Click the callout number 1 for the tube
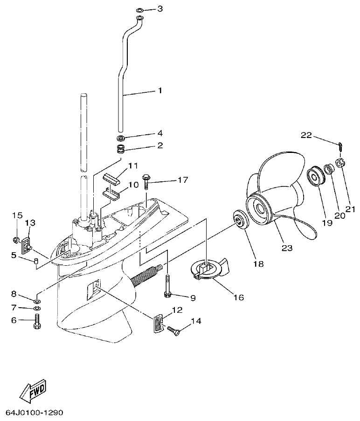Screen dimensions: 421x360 (x=159, y=90)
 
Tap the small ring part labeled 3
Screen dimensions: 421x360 (x=140, y=9)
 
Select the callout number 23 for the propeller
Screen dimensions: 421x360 (x=287, y=248)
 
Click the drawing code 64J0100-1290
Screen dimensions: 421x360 (x=35, y=413)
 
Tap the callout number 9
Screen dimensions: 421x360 (x=193, y=297)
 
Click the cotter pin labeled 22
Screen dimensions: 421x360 (x=341, y=146)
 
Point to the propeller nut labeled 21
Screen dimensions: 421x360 (x=340, y=163)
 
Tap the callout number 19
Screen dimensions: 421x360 (x=326, y=222)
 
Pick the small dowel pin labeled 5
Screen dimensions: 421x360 (x=35, y=260)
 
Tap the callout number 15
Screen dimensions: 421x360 (x=17, y=215)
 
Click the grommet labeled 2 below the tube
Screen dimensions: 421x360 (x=120, y=149)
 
